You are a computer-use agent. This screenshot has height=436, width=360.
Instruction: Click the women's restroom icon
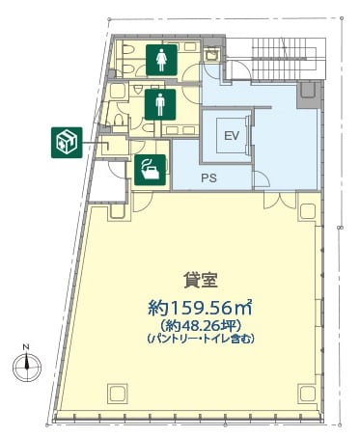(161, 60)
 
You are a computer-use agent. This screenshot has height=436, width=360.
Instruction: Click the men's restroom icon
(160, 104)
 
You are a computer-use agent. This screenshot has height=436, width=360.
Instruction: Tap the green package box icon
(67, 143)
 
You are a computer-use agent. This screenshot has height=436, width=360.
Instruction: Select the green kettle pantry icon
(151, 170)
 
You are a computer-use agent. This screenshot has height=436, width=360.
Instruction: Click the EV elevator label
(232, 136)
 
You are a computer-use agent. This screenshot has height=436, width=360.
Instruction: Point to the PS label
(209, 177)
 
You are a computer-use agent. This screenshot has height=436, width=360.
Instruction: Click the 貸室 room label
(201, 280)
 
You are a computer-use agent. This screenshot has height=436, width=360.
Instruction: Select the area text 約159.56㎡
(200, 308)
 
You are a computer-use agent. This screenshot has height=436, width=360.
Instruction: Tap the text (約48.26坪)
(201, 326)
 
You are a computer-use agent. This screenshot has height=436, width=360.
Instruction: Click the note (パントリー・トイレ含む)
(201, 339)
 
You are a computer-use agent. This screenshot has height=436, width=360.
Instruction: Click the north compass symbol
(27, 368)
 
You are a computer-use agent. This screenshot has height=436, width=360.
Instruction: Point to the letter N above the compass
(26, 347)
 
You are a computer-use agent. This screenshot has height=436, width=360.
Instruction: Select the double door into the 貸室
(280, 201)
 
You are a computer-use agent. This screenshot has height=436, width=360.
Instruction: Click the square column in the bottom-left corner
(117, 394)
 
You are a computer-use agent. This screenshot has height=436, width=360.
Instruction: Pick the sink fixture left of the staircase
(212, 54)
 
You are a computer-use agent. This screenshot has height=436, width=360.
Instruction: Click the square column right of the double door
(307, 211)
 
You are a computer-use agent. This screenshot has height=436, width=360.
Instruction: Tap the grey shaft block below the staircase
(309, 95)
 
